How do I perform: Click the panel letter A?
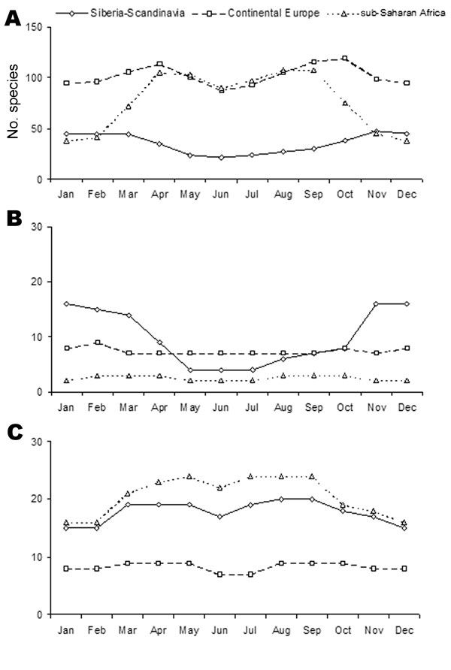[12, 18]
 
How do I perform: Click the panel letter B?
[14, 219]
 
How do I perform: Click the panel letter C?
[15, 433]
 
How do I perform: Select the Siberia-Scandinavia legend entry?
[120, 13]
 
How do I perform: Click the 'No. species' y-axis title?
[13, 101]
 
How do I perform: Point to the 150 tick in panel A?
[36, 28]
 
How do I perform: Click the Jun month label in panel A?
[220, 195]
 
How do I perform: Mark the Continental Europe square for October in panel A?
[344, 58]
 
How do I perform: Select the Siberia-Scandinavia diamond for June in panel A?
[221, 157]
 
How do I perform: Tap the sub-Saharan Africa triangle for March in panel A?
[129, 107]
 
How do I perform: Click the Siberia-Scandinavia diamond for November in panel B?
[376, 303]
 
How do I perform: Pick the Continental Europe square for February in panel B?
[98, 343]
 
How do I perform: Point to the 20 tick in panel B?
[38, 282]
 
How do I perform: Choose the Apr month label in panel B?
[159, 408]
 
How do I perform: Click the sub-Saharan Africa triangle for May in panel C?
[189, 476]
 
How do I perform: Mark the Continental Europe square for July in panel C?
[250, 575]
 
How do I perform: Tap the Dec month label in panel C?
[404, 630]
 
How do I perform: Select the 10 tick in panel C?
[38, 557]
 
